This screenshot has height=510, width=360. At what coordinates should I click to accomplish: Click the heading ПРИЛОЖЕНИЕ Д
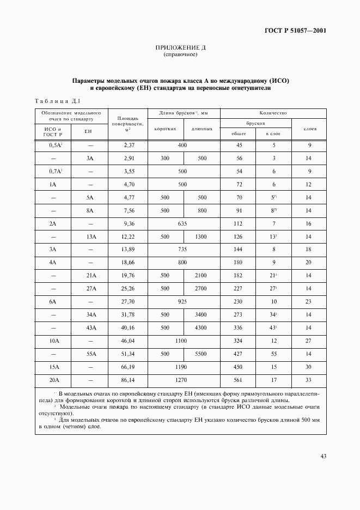[180, 48]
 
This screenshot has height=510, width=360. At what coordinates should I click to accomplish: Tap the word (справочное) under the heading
[180, 55]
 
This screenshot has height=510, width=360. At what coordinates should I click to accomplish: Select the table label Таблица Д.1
[57, 101]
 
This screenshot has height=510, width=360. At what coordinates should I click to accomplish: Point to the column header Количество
[273, 112]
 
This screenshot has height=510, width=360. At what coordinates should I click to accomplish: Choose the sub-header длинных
[202, 129]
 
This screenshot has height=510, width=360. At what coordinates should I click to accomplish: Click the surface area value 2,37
[129, 145]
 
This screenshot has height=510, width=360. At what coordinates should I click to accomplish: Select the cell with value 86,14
[129, 380]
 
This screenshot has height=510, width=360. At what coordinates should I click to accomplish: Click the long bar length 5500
[202, 354]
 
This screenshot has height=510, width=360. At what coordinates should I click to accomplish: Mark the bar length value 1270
[183, 380]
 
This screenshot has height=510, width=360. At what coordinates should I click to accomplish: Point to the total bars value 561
[239, 380]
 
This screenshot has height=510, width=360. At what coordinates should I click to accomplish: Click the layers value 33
[309, 380]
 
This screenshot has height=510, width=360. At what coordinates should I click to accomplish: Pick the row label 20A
[53, 380]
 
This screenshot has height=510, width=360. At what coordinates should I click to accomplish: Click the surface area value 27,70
[129, 302]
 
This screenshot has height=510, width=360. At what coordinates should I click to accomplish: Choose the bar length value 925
[183, 302]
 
